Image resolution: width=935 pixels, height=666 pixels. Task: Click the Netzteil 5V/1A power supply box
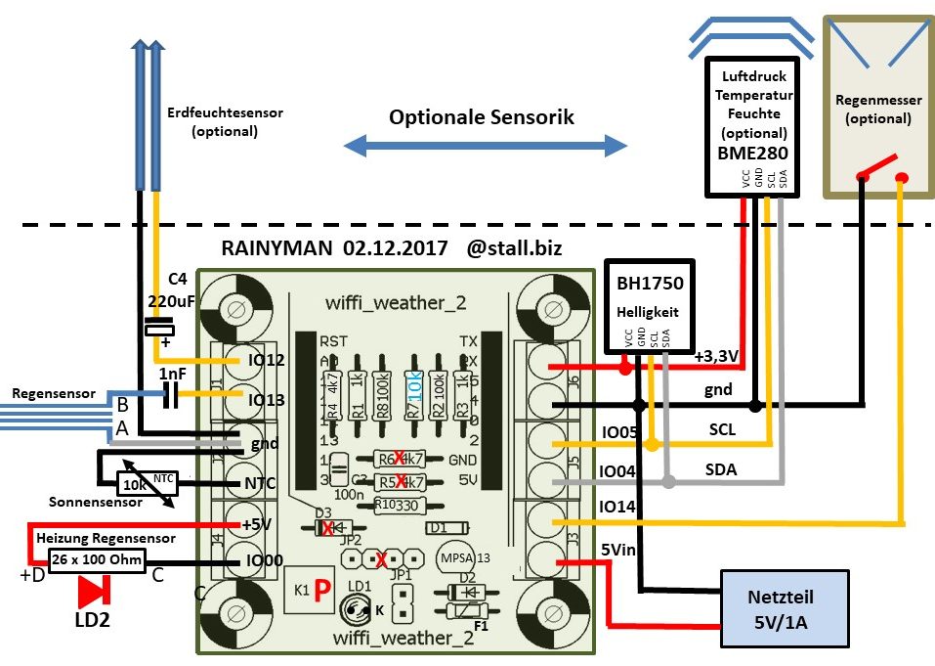point(783,608)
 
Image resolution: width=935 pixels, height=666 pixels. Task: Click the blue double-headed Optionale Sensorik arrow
point(486,147)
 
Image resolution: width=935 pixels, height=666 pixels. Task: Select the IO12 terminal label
point(268,362)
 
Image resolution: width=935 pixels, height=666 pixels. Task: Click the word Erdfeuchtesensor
point(225,112)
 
